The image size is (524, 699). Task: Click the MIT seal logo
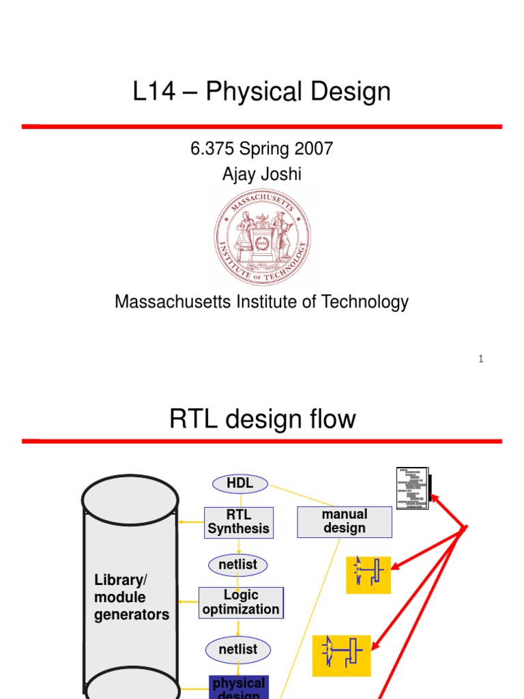pos(262,238)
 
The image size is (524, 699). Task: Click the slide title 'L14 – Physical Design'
pos(262,91)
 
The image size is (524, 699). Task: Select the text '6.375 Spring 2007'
pos(262,149)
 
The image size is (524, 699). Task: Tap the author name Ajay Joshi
pos(262,174)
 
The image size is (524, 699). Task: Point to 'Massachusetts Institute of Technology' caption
pos(262,302)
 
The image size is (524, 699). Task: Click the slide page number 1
pos(481,359)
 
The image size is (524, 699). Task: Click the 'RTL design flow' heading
pos(262,419)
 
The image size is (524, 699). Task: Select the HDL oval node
pos(239,483)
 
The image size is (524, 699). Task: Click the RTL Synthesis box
pos(239,522)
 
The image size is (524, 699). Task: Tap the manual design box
pos(345,522)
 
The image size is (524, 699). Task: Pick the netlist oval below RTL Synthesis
pos(237,565)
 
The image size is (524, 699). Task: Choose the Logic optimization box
pos(241,602)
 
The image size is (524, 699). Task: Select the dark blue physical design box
pos(238,687)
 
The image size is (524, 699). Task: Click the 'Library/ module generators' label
pos(132,597)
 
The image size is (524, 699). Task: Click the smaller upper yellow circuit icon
pos(368,575)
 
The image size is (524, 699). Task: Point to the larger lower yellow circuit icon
pos(341,655)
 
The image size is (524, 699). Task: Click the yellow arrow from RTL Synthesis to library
pos(192,522)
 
